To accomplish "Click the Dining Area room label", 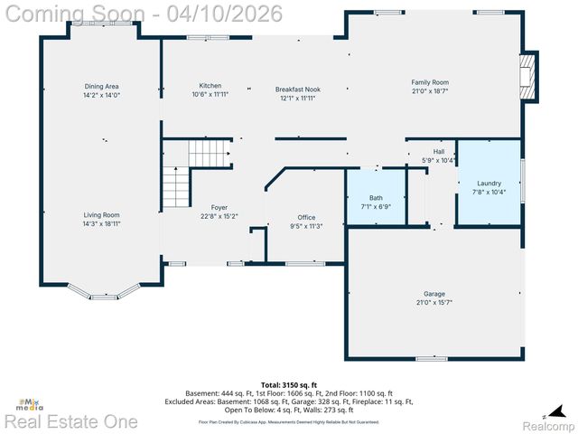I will (x=101, y=86).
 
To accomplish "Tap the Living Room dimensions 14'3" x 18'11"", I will (x=101, y=223).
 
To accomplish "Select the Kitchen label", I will (x=204, y=86).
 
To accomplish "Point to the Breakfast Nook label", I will (x=298, y=90).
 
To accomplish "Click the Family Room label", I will (x=430, y=82).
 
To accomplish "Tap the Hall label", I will (x=439, y=151).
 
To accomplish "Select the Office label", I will (x=306, y=217).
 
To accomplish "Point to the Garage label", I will (x=434, y=294).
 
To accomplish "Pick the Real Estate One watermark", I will (x=70, y=421).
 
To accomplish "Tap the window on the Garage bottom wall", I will (x=431, y=358).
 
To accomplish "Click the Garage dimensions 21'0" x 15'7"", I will (x=434, y=302).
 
